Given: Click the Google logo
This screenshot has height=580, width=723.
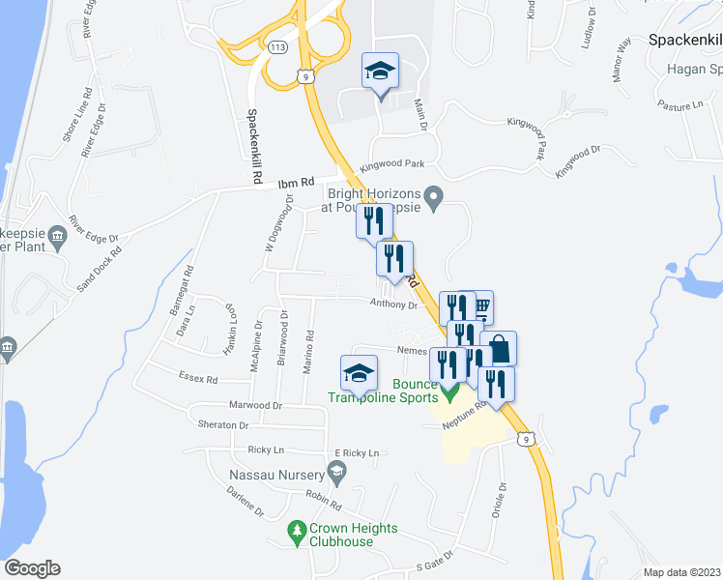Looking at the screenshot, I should [32, 568].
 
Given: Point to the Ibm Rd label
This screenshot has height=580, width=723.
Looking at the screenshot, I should [297, 182].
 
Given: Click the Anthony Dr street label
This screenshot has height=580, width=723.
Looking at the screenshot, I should [392, 304].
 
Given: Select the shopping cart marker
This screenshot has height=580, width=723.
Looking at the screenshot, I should [478, 307].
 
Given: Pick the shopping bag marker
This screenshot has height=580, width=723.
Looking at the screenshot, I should [500, 348].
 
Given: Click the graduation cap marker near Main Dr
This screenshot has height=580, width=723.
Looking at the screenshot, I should [380, 72].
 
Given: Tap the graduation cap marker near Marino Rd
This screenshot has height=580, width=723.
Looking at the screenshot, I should [358, 374].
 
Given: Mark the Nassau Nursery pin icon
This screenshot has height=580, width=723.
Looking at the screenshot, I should [336, 473].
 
